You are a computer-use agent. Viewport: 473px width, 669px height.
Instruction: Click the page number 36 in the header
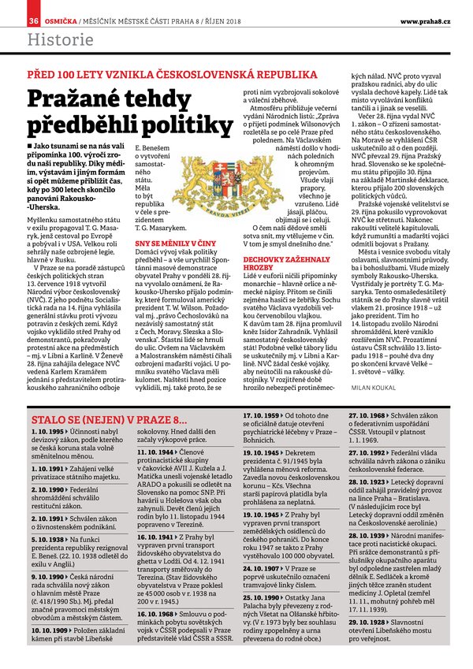34,19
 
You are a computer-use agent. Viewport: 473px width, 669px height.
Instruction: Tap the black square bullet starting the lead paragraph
30,147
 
